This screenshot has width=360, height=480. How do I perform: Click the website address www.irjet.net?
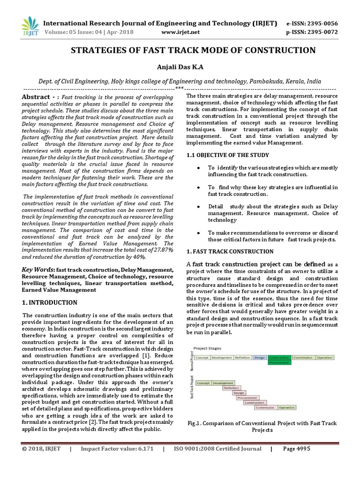point(180,32)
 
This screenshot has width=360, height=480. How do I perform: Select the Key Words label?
point(38,270)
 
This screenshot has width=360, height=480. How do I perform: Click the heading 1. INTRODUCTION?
point(50,303)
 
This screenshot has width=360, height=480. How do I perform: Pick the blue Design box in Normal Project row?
point(259,358)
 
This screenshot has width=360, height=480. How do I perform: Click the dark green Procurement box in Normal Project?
point(278,363)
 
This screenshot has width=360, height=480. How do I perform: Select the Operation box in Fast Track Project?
point(286,408)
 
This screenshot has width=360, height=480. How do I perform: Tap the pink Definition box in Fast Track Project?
point(231,388)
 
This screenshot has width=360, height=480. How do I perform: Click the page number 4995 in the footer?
point(302,449)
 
